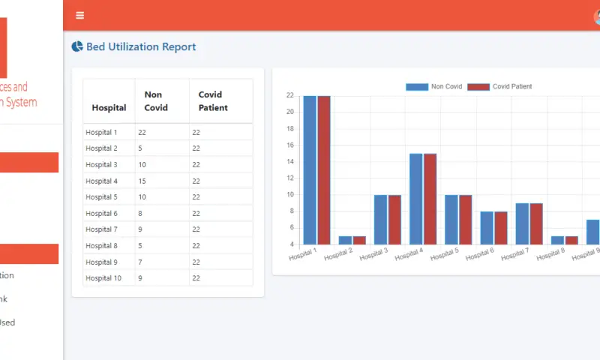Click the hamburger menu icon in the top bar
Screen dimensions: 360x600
click(x=80, y=15)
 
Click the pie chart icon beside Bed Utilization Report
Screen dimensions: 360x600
click(x=77, y=46)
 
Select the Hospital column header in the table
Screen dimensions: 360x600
click(x=109, y=108)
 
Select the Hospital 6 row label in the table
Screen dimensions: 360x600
click(x=101, y=213)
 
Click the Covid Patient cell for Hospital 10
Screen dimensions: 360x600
click(x=196, y=278)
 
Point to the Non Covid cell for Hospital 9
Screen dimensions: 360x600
click(x=140, y=262)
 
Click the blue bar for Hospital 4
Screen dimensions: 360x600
click(x=416, y=199)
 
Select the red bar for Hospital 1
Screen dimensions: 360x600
click(x=323, y=170)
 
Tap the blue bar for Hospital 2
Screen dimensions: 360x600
click(x=345, y=240)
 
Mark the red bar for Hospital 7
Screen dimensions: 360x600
click(x=536, y=223)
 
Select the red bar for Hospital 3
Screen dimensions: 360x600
click(x=394, y=219)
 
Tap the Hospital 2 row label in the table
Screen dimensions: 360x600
click(x=101, y=148)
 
